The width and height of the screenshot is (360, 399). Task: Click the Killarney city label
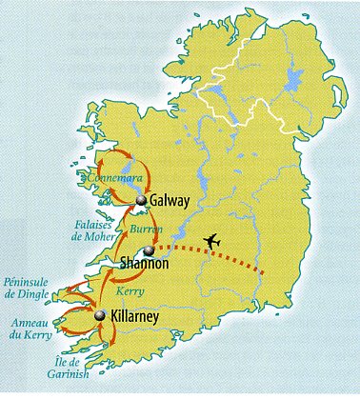[x=144, y=315]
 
